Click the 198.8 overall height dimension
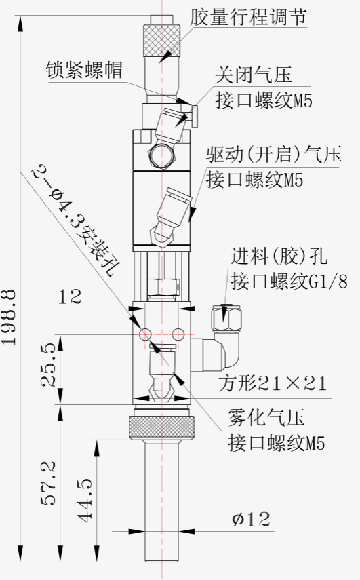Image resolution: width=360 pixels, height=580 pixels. pyautogui.click(x=8, y=317)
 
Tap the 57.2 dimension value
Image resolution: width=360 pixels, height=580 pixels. pyautogui.click(x=48, y=484)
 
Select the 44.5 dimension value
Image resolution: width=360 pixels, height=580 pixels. pyautogui.click(x=85, y=501)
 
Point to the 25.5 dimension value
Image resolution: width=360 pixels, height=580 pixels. pyautogui.click(x=48, y=365)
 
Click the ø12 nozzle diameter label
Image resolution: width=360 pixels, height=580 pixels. pyautogui.click(x=251, y=520)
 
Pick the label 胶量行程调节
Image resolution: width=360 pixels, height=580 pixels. pyautogui.click(x=248, y=18)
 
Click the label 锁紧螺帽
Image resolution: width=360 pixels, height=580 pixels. pyautogui.click(x=84, y=70)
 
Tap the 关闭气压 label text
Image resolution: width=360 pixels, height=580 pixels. pyautogui.click(x=254, y=75)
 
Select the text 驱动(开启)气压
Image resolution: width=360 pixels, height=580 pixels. pyautogui.click(x=273, y=154)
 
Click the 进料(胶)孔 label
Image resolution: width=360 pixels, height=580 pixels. pyautogui.click(x=279, y=256)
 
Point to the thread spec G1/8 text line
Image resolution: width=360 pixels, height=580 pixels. pyautogui.click(x=289, y=282)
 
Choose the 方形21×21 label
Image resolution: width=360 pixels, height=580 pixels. pyautogui.click(x=273, y=383)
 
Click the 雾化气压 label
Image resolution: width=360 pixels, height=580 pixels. pyautogui.click(x=266, y=417)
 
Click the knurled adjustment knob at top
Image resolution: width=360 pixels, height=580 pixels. pyautogui.click(x=161, y=40)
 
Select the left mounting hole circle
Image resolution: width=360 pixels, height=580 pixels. pyautogui.click(x=145, y=334)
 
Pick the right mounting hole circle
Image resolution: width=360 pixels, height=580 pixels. pyautogui.click(x=178, y=334)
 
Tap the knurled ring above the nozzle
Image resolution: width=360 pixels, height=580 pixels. pyautogui.click(x=161, y=427)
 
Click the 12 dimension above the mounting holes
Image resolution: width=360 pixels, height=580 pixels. pyautogui.click(x=70, y=296)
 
